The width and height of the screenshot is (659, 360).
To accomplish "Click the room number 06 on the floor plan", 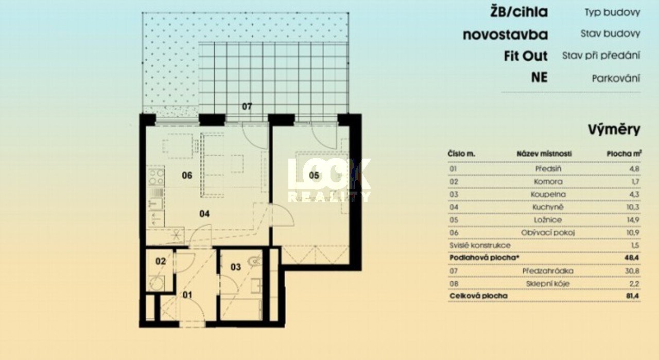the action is point(187,176).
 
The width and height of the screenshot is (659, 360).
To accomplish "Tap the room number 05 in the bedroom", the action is point(314,176).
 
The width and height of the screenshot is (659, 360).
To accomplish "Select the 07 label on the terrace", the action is point(247,107).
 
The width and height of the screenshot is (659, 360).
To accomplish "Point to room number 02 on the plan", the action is point(161,261).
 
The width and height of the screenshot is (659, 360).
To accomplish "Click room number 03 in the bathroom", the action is point(236,267).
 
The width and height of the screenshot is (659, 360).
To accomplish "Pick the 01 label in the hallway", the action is point(187,295).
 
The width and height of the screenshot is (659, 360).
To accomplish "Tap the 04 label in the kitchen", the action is point(204,214).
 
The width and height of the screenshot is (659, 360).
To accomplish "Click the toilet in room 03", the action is point(255,261).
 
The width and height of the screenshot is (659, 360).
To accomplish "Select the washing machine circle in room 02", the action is point(156,283).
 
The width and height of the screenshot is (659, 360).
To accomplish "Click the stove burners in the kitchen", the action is point(156,177).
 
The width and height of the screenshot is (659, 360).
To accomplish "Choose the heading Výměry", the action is point(614,129).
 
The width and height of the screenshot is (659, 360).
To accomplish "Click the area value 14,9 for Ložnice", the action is point(633,220).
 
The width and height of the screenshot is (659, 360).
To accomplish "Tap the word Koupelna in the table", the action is point(548,194).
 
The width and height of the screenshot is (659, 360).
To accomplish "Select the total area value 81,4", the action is point(633,296).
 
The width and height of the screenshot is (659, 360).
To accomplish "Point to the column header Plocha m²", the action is point(624,153).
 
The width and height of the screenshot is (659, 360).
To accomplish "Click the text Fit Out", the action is point(526,56).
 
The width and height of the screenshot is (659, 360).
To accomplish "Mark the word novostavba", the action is point(506,35).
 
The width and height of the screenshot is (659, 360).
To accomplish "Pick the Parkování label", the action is point(616,79).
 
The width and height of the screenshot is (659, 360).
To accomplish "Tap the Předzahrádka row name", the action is point(548,271).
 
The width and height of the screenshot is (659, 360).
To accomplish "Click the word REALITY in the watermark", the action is point(329,197).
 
